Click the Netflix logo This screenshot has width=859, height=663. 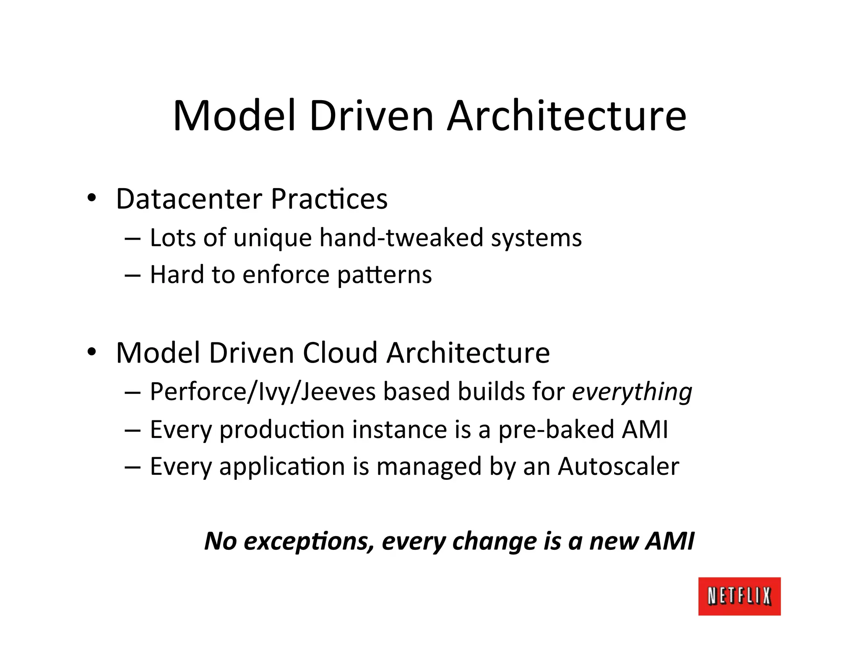click(739, 596)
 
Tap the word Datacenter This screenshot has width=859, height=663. click(189, 199)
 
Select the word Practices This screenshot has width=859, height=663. click(329, 199)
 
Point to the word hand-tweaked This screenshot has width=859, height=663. click(401, 238)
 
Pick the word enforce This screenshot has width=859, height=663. click(286, 275)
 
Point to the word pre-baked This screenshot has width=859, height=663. click(556, 430)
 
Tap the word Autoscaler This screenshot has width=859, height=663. click(618, 466)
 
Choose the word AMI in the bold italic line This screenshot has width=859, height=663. click(670, 541)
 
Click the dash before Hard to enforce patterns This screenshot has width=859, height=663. click(133, 275)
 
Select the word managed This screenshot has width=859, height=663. click(429, 467)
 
